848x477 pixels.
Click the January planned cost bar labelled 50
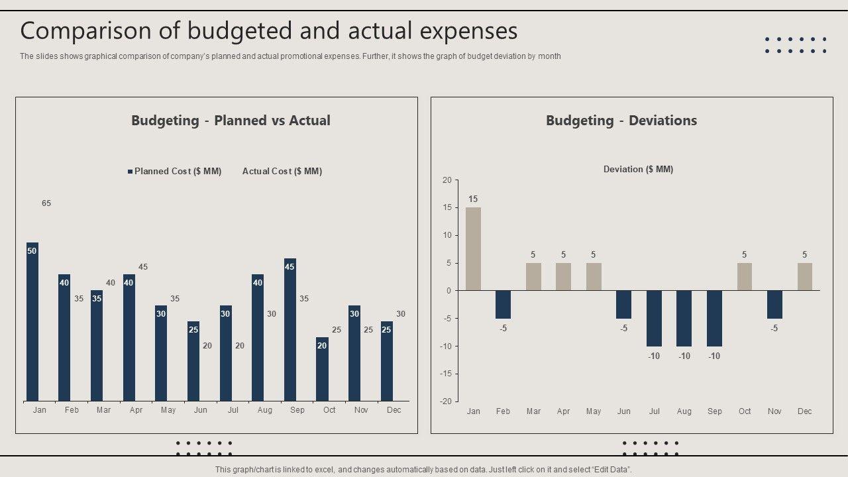tap(32, 321)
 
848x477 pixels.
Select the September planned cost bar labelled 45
tap(290, 329)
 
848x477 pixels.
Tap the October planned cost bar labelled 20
tap(322, 369)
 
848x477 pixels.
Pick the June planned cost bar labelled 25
tap(193, 361)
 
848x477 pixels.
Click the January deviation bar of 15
tap(473, 249)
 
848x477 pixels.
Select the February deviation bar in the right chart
tap(503, 305)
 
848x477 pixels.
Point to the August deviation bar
tap(684, 318)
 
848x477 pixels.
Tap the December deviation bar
tap(804, 277)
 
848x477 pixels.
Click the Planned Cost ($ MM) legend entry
tap(174, 171)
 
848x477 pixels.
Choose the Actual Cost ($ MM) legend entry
tap(282, 171)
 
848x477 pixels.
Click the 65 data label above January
tap(46, 203)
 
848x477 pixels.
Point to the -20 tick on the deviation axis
tap(447, 401)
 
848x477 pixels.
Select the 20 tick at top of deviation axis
tap(447, 180)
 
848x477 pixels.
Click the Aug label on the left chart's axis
tap(265, 410)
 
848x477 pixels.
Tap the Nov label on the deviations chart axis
tap(774, 411)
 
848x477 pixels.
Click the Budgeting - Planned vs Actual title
tap(231, 121)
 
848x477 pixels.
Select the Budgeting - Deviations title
tap(621, 121)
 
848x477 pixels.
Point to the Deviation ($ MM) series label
tap(638, 170)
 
